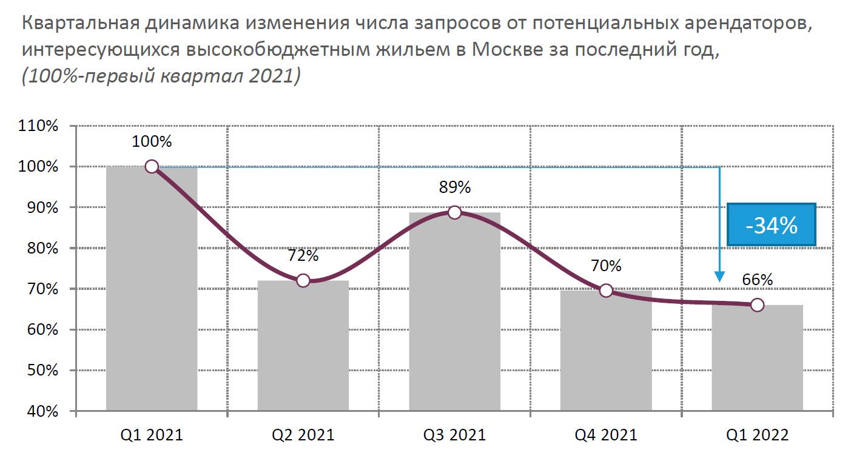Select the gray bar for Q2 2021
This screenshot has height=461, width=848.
click(x=303, y=346)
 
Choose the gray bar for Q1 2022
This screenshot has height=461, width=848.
click(x=757, y=358)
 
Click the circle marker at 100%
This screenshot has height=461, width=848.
click(x=152, y=167)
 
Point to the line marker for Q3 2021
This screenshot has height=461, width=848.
click(x=454, y=212)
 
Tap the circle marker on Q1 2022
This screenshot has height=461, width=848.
click(x=757, y=305)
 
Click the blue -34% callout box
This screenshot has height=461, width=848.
click(x=772, y=225)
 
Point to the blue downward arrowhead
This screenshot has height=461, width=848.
click(x=719, y=276)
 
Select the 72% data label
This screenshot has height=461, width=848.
click(x=303, y=255)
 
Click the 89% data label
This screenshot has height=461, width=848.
click(x=454, y=187)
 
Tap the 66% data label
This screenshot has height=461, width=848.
click(x=757, y=280)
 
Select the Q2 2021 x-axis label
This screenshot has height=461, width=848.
click(x=303, y=435)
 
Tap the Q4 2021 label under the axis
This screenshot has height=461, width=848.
click(x=605, y=435)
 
